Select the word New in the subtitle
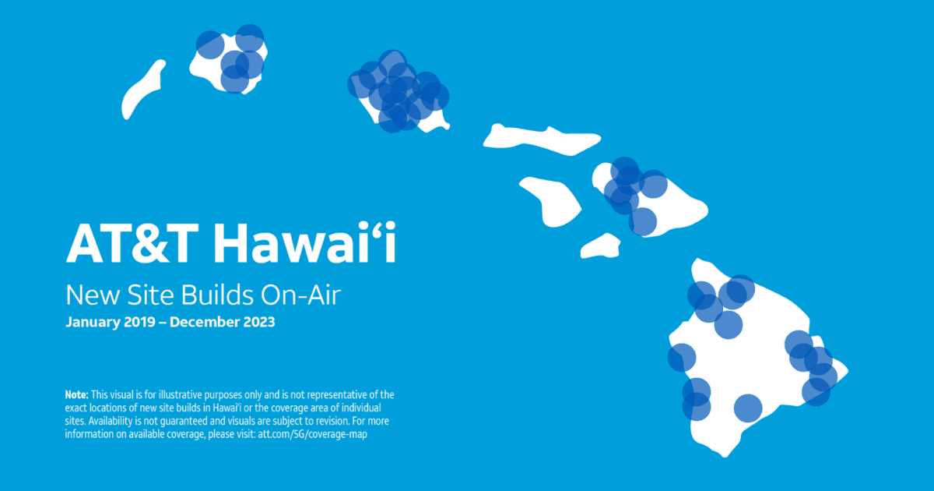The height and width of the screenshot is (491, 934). pyautogui.click(x=87, y=295)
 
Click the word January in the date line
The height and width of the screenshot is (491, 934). pyautogui.click(x=93, y=322)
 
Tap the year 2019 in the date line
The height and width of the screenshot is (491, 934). pyautogui.click(x=140, y=322)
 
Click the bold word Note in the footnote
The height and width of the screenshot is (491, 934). pyautogui.click(x=76, y=395)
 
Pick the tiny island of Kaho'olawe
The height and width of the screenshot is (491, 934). pyautogui.click(x=600, y=246)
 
